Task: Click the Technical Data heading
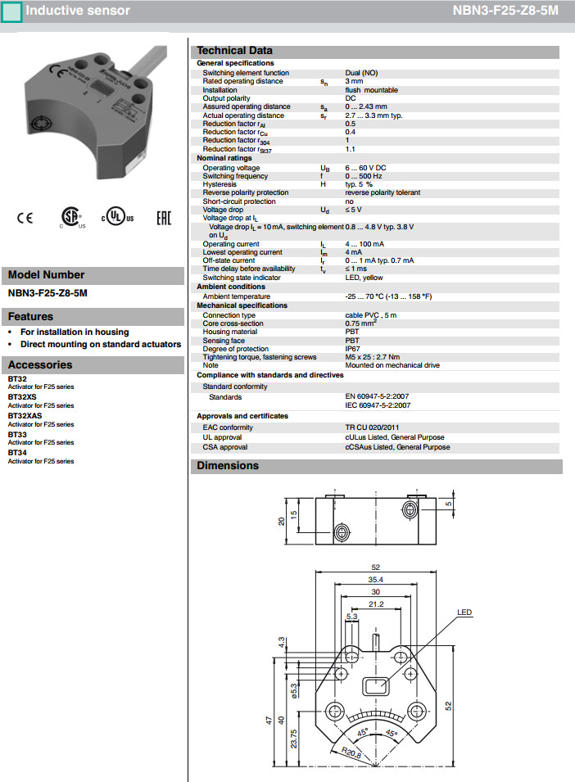[x=234, y=51]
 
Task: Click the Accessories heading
[x=40, y=365]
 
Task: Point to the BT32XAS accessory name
[x=25, y=417]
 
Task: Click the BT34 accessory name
[x=17, y=453]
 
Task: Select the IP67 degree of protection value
[x=353, y=349]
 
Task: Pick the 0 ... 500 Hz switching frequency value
[x=364, y=176]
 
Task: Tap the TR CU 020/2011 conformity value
[x=373, y=427]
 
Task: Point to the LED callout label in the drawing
[x=464, y=612]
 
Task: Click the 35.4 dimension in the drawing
[x=375, y=580]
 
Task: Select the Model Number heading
[x=46, y=275]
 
